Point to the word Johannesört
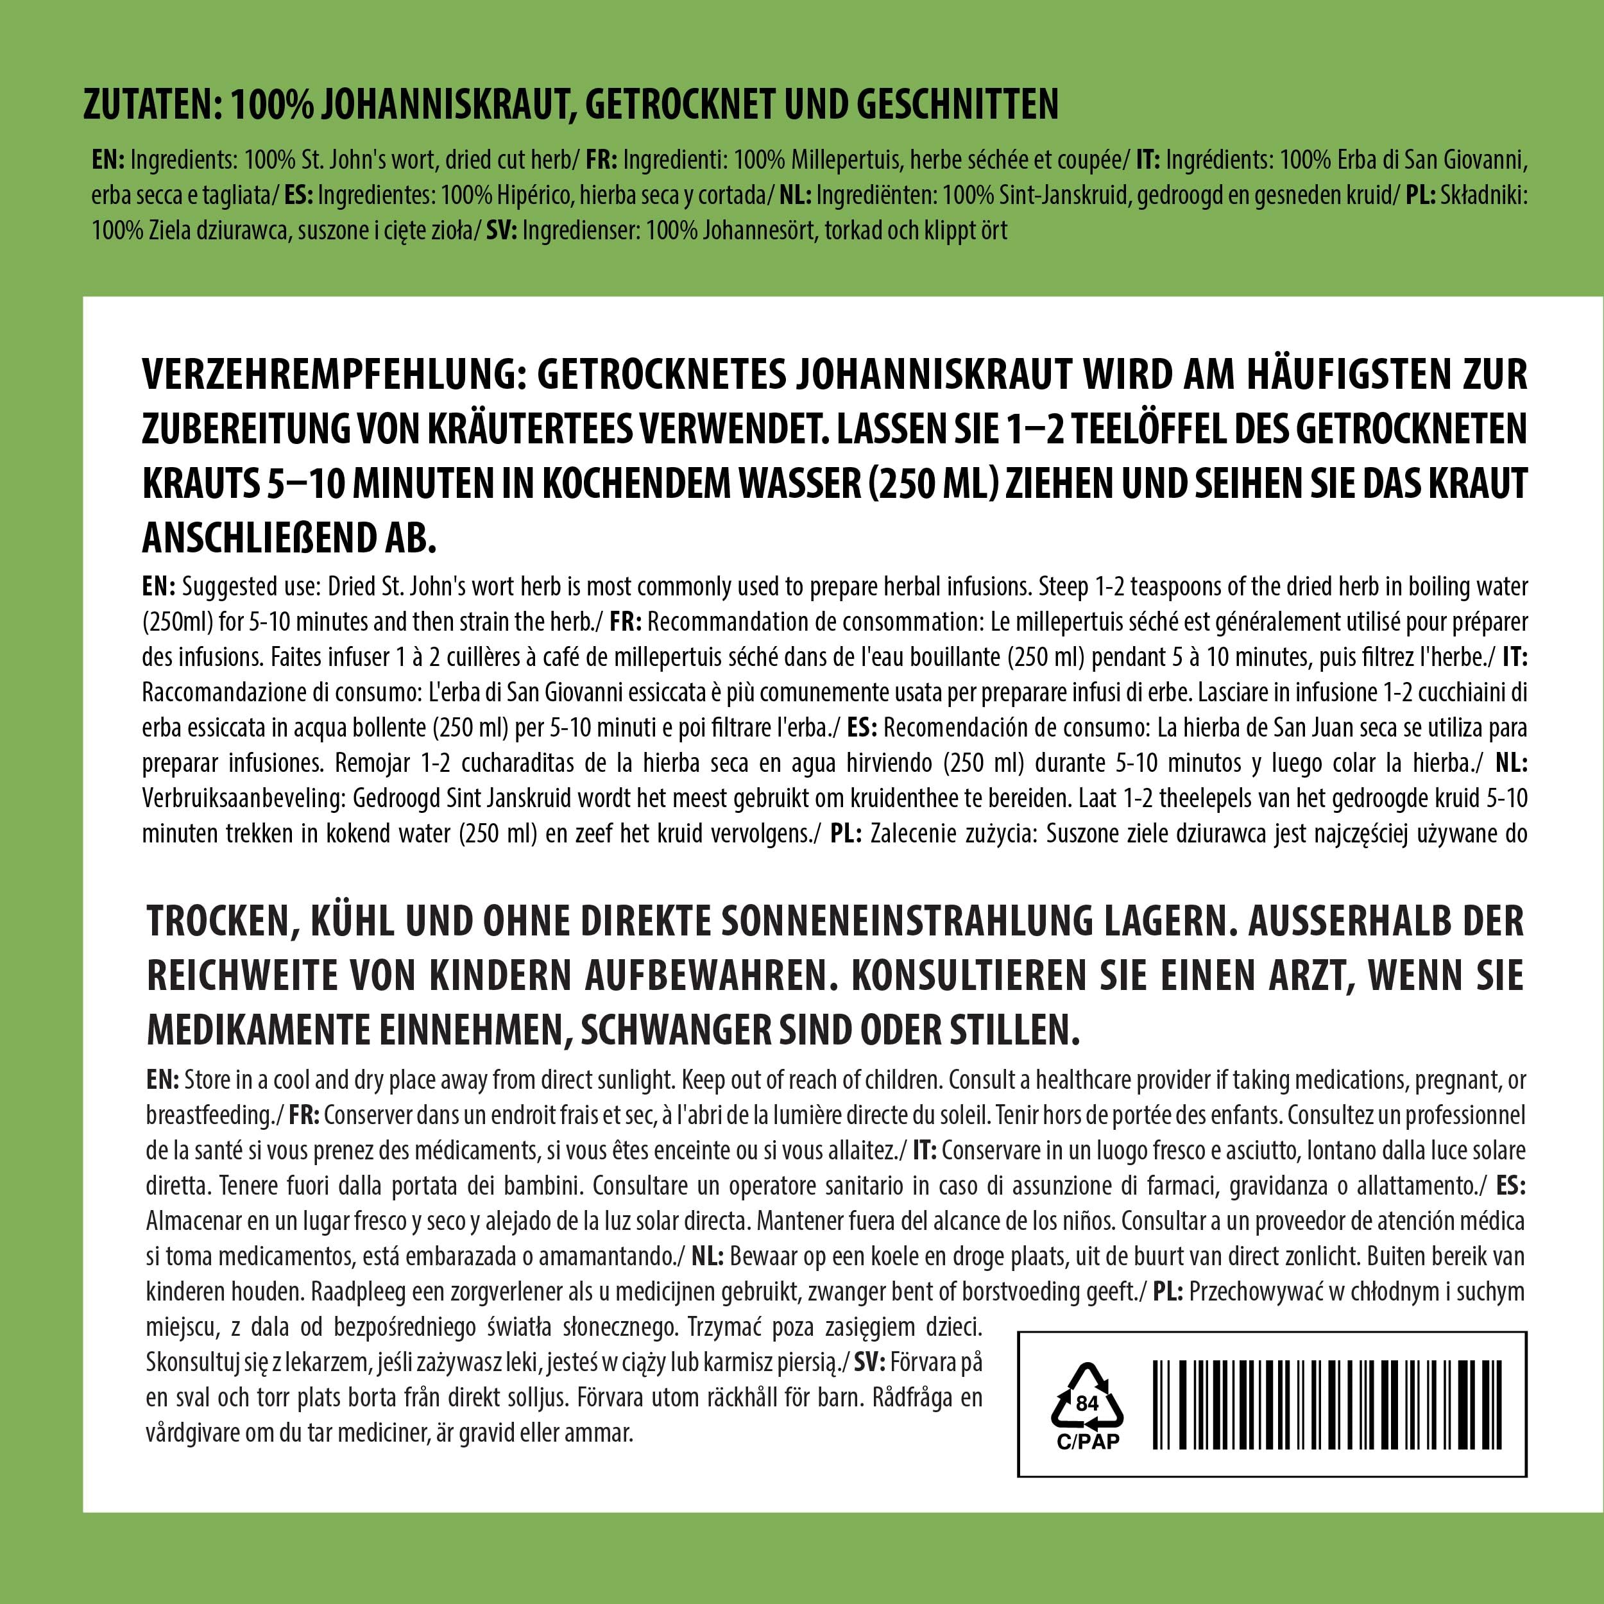coord(759,230)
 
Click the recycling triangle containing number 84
coord(1087,1403)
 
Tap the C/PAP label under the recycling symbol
coord(1087,1441)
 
